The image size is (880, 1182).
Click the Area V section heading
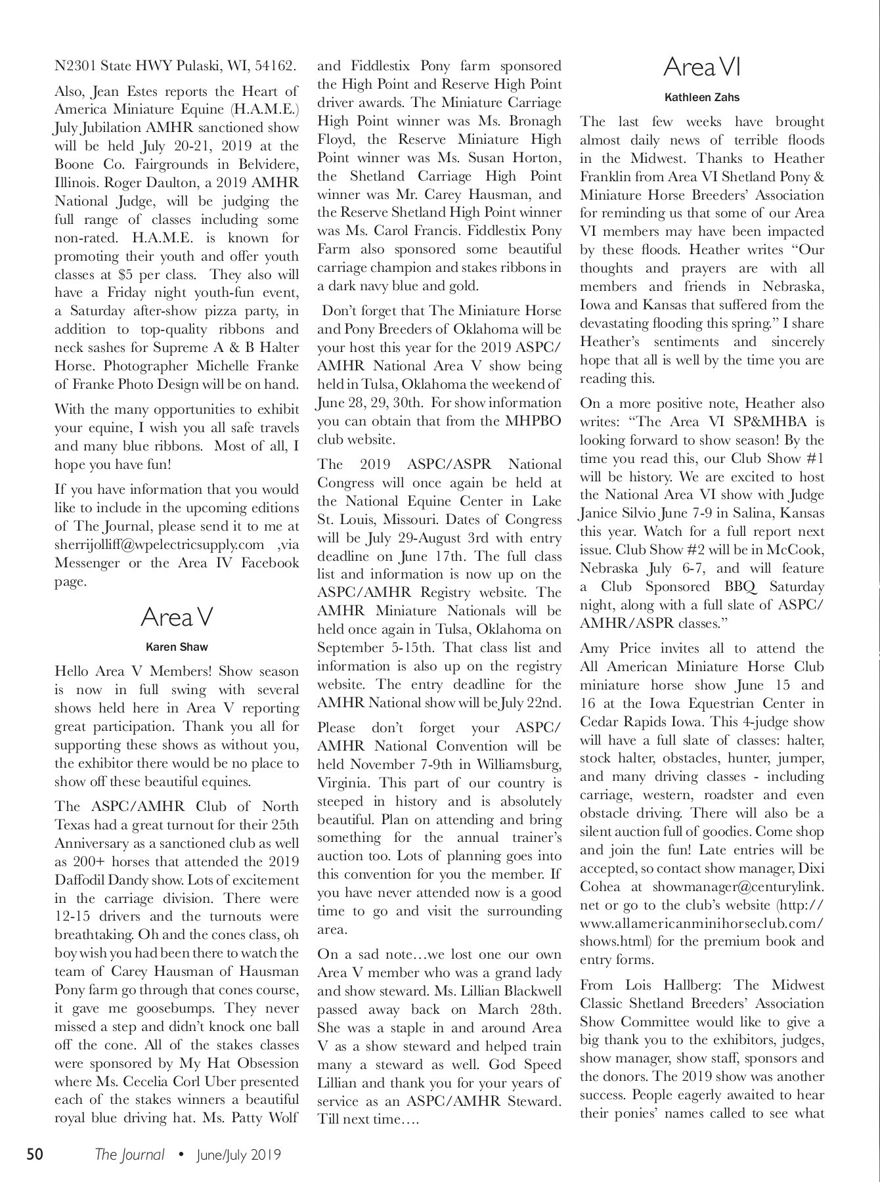coord(177,617)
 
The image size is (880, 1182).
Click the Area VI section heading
coord(701,67)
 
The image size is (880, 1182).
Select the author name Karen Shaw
coord(177,647)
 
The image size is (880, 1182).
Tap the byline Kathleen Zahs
coord(701,97)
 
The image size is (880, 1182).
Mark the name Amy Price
coord(610,648)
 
